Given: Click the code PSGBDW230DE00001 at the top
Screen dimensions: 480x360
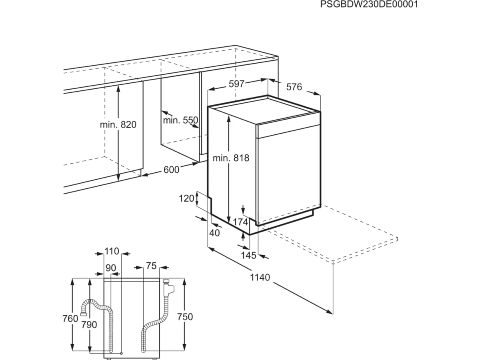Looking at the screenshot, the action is (x=369, y=4).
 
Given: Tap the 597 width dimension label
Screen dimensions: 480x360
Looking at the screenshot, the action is (x=236, y=84).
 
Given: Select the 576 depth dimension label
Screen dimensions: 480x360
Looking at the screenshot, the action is (x=294, y=87).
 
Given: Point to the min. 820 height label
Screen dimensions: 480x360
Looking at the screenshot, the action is (x=118, y=124).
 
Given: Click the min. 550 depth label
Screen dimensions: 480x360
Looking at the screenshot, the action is (x=181, y=120).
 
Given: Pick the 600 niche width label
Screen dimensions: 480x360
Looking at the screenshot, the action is (x=172, y=170).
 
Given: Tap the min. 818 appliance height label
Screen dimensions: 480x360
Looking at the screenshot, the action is (x=231, y=158).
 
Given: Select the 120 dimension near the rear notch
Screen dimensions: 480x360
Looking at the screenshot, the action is (x=186, y=198).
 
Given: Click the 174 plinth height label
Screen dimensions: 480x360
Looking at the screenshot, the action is (x=240, y=222).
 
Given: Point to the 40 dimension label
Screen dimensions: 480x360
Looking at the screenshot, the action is (x=214, y=233).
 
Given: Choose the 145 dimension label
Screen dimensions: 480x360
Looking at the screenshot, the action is (x=248, y=255).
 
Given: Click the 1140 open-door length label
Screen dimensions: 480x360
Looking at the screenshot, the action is (x=260, y=277).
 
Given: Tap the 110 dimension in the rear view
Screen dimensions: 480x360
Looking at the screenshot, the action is (x=112, y=251).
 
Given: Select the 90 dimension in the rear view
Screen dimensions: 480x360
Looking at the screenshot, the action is (x=111, y=268).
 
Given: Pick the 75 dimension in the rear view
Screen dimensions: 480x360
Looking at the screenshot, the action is (x=151, y=266).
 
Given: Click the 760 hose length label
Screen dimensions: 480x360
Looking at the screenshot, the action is (x=70, y=318).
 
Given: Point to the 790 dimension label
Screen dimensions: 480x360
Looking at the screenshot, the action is (x=89, y=325).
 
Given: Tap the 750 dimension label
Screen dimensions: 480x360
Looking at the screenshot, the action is (x=185, y=317).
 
